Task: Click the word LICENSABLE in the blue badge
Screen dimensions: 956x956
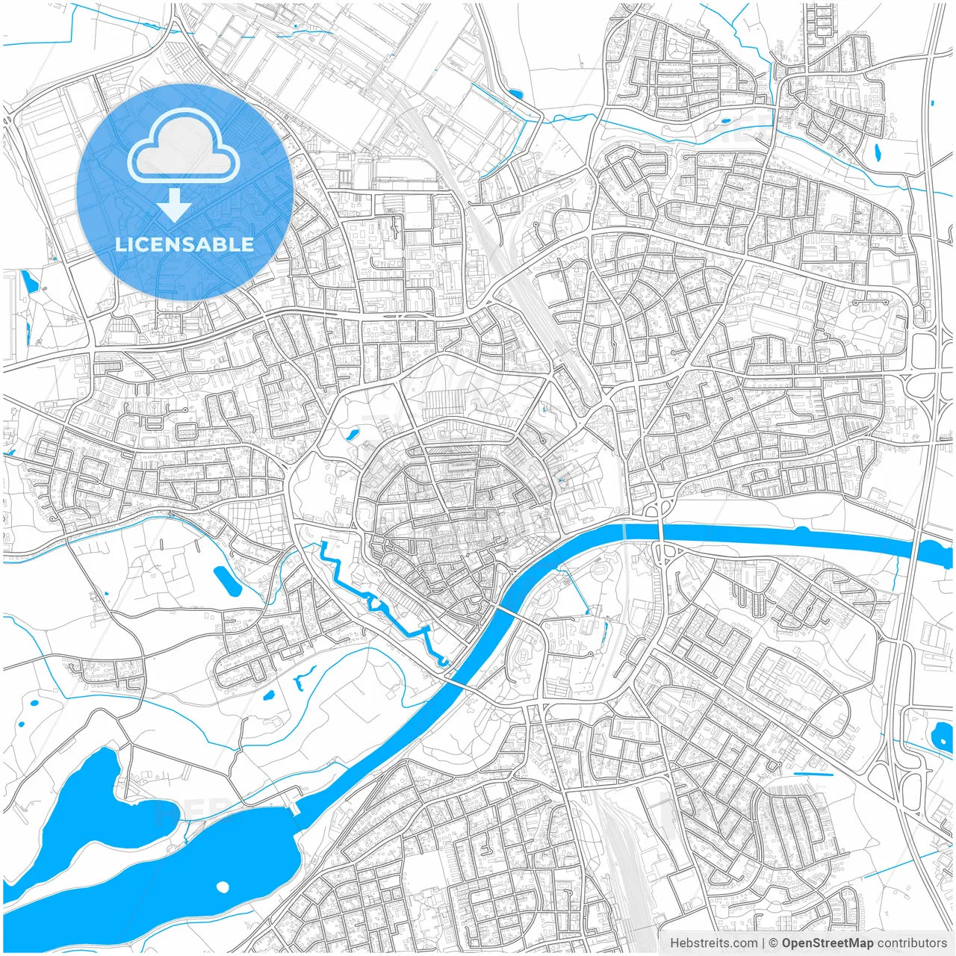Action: coord(184,244)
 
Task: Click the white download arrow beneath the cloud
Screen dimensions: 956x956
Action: coord(175,205)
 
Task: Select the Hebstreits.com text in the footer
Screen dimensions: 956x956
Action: coord(713,943)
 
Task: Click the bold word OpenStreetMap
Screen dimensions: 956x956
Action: coord(827,943)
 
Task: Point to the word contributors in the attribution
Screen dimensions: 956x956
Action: coord(912,943)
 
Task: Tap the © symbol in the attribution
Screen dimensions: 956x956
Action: coord(774,943)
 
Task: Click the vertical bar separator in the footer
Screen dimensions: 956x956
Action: coord(763,943)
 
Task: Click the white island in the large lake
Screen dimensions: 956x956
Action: coord(222,887)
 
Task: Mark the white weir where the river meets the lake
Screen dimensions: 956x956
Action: coord(294,807)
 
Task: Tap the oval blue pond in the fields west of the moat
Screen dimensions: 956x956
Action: coord(226,581)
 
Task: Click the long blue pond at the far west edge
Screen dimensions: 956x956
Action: coord(29,282)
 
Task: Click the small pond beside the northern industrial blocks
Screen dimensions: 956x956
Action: coord(515,94)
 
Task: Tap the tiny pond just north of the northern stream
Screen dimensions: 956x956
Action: coord(724,119)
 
